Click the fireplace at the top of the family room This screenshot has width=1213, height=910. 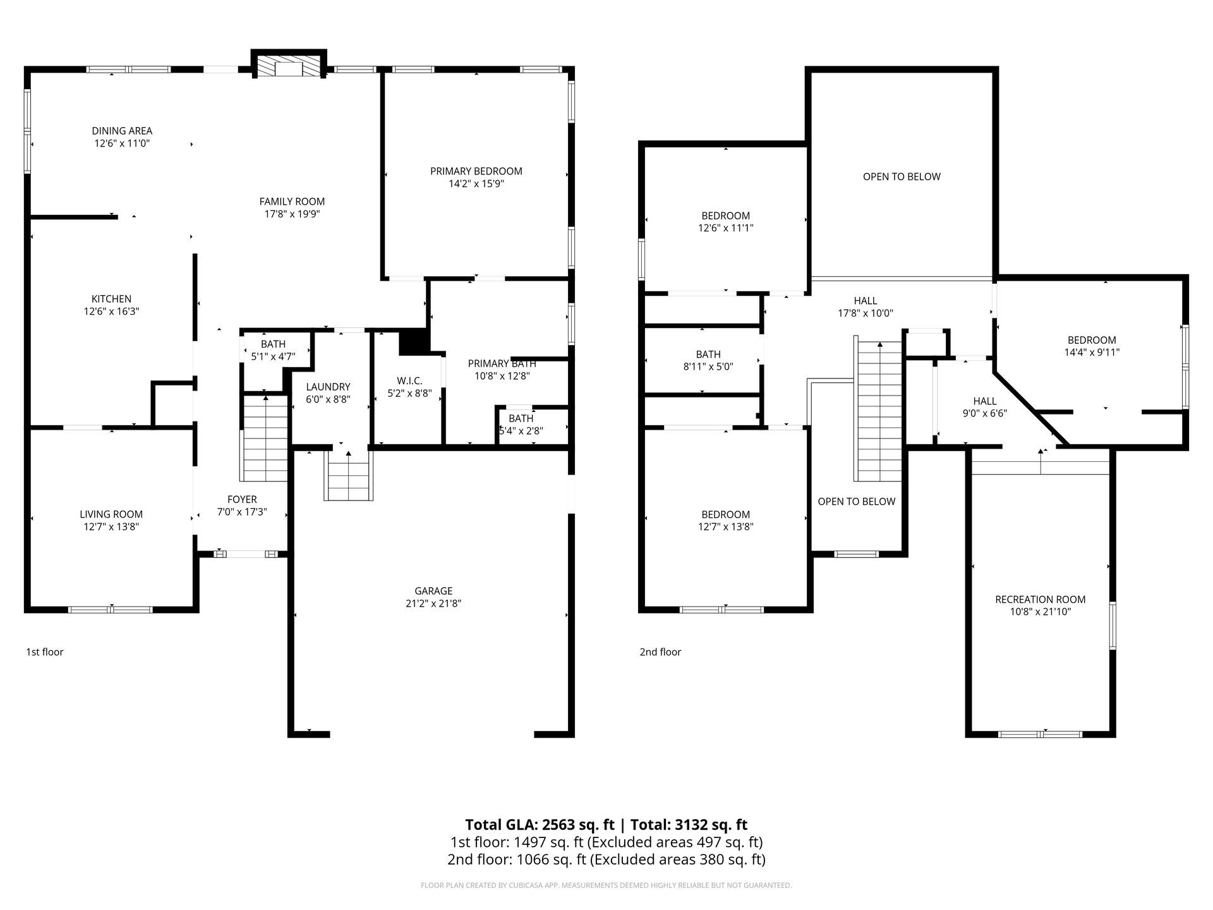click(289, 64)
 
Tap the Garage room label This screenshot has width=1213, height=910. click(433, 591)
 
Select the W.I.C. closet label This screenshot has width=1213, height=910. click(409, 380)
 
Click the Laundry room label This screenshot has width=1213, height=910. click(328, 387)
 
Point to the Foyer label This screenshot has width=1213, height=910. click(242, 499)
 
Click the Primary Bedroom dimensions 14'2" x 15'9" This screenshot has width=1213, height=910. click(476, 184)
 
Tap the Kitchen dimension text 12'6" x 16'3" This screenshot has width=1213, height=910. click(111, 312)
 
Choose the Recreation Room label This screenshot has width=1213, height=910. click(1040, 599)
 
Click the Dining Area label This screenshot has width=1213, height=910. click(122, 131)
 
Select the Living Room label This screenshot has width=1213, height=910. click(111, 514)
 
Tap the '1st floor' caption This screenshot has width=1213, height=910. click(45, 652)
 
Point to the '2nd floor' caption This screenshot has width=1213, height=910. click(660, 652)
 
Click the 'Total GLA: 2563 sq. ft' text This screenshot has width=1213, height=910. click(540, 825)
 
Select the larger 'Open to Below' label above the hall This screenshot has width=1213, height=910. click(902, 177)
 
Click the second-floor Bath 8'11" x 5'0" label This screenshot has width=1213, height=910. click(708, 360)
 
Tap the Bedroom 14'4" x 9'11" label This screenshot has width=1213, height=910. click(1092, 346)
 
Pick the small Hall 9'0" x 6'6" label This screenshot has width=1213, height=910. click(984, 407)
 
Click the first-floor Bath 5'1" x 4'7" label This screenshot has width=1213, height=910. click(273, 350)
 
